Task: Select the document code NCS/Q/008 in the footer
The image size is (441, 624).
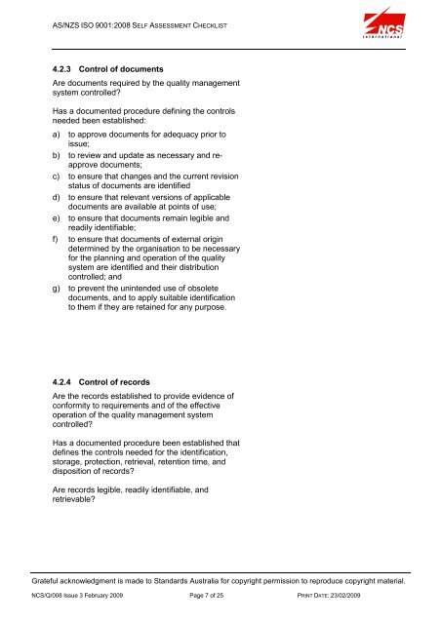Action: click(54, 594)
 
